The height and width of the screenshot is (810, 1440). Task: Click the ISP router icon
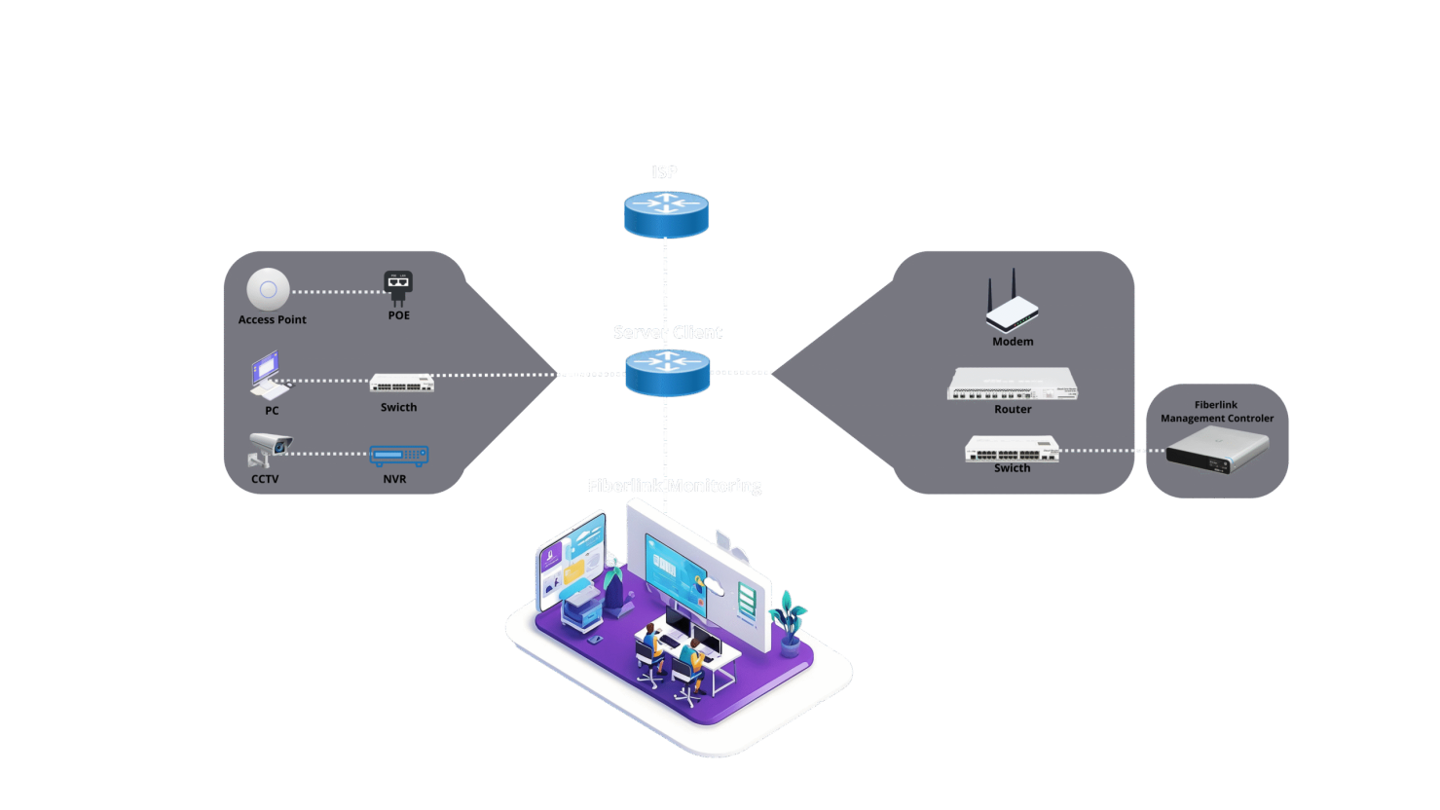click(666, 214)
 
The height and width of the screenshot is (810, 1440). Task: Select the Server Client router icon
click(667, 373)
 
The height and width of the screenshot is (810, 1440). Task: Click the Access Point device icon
click(268, 289)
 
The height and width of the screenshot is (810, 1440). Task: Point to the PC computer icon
click(268, 377)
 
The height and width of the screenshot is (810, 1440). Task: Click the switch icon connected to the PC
click(401, 383)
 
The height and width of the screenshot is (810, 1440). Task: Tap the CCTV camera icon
click(267, 450)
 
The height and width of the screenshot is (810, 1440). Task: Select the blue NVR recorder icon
click(399, 455)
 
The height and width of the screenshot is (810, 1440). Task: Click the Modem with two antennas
click(1012, 306)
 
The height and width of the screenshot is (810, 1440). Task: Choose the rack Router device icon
click(1013, 384)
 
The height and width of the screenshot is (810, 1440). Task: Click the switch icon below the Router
click(1012, 449)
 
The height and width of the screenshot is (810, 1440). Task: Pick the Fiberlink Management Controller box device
click(1217, 451)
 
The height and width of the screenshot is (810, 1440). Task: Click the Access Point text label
click(272, 319)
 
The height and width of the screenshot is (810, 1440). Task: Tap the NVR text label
click(394, 479)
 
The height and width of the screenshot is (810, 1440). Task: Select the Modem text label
click(1013, 342)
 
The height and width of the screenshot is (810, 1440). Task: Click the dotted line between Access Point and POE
click(336, 291)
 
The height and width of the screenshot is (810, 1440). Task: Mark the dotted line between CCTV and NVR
click(331, 454)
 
